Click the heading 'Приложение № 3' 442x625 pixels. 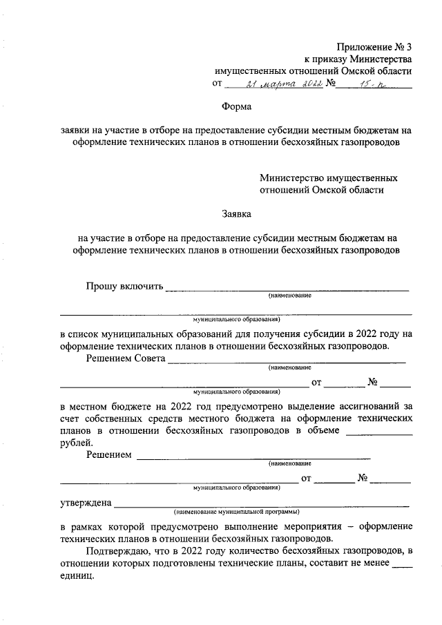coord(374,47)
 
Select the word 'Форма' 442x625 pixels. coord(237,107)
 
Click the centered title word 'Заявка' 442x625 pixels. coord(237,214)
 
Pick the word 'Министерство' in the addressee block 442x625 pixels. coord(290,178)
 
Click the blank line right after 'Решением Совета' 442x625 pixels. coord(287,362)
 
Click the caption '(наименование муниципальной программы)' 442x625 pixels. coord(237,512)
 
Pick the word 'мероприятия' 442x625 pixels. coord(331,527)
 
